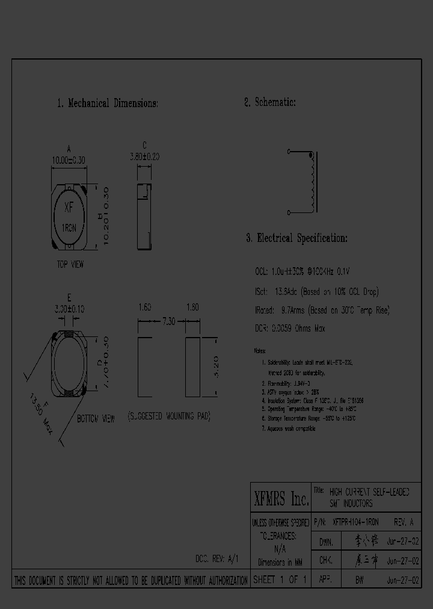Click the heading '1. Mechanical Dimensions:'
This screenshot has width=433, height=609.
point(108,104)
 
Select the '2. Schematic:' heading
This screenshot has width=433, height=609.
point(269,102)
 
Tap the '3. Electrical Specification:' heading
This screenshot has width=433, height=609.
point(296,238)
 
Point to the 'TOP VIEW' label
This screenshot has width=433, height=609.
point(70,264)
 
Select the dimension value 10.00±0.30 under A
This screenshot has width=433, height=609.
point(69,160)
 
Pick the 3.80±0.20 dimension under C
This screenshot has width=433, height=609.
point(144,156)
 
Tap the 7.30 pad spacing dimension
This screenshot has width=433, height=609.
point(169,323)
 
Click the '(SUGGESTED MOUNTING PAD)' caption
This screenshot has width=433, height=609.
point(168,416)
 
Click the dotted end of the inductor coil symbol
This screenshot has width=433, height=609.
point(312,157)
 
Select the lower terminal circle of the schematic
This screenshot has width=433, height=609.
point(289,212)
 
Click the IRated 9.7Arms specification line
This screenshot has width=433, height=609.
point(322,311)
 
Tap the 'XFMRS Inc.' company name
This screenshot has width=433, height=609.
point(280,498)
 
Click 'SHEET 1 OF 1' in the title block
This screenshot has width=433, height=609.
point(280,580)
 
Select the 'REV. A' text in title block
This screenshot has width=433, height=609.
point(404,522)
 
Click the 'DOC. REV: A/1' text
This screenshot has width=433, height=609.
point(216,558)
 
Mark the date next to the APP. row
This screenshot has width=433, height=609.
point(403,580)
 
